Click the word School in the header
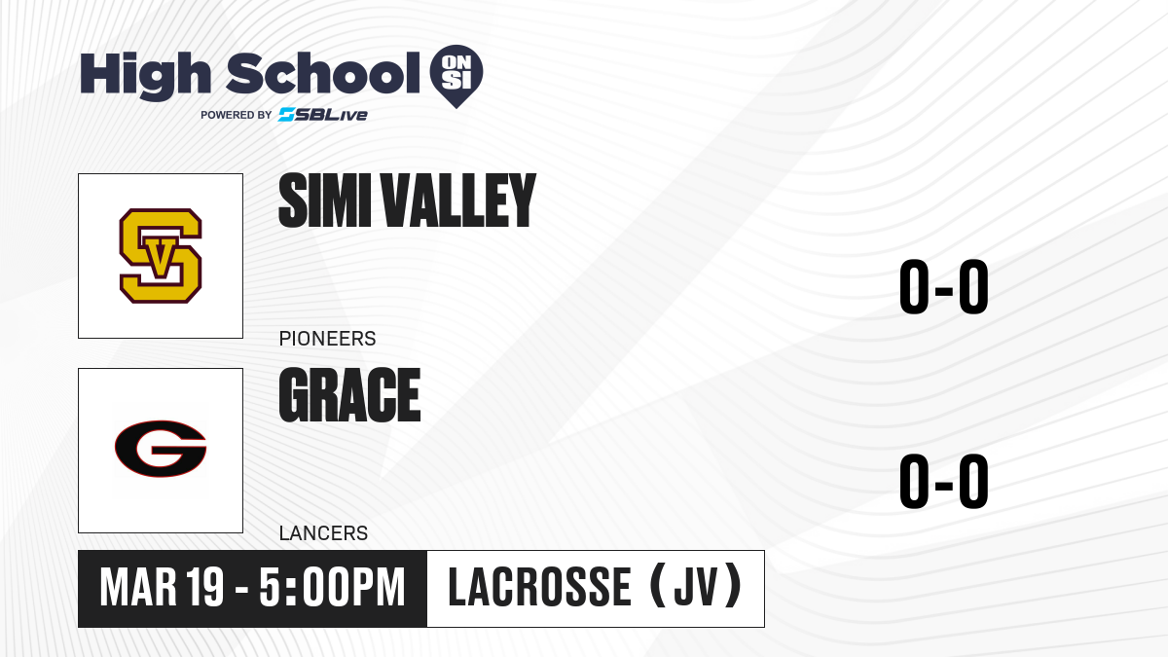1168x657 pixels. tap(323, 73)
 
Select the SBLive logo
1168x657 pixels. tap(323, 115)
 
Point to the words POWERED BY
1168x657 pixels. tap(237, 115)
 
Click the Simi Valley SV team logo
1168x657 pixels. tap(161, 255)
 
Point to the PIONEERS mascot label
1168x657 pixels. tap(327, 339)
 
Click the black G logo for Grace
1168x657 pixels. tap(161, 449)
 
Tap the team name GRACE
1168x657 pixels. tap(349, 395)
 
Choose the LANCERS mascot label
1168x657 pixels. tap(324, 533)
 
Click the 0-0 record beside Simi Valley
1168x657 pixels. tap(944, 286)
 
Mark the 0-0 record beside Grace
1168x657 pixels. tap(944, 481)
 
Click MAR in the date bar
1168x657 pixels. tap(138, 588)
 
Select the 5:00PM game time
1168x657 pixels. tap(332, 588)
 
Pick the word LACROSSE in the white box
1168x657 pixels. tap(539, 588)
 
